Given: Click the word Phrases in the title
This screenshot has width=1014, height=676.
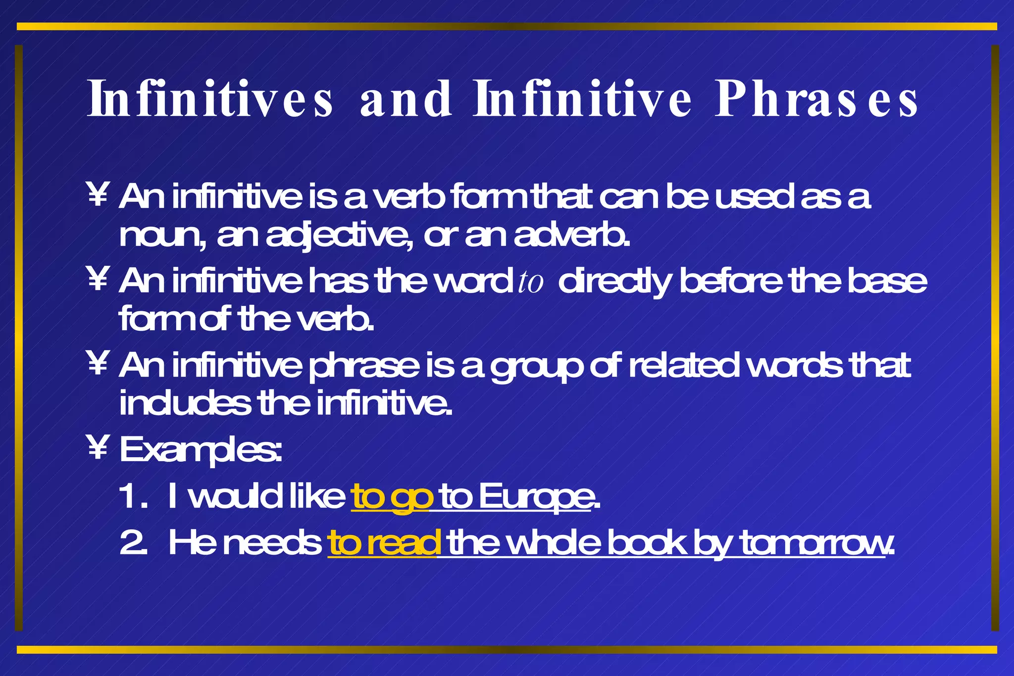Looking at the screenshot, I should pos(816,99).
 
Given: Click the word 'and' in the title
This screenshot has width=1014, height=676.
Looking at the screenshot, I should pos(406,99).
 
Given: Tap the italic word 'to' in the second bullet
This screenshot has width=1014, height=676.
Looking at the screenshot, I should pos(530,283).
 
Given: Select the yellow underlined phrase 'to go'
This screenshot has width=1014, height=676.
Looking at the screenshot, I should pos(392,497).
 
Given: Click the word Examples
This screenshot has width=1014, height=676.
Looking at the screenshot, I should pos(201,450).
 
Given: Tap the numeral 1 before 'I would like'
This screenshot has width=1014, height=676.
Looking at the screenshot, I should pos(130,497).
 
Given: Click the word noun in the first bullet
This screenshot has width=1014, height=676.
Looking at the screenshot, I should pos(160,237).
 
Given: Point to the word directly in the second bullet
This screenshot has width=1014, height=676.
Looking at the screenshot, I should pos(614,282).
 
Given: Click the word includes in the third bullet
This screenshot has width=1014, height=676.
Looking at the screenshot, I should pos(185,403).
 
